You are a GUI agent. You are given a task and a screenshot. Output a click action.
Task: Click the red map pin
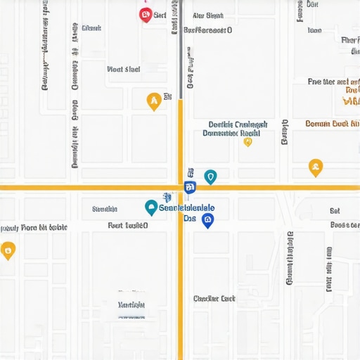click(146, 14)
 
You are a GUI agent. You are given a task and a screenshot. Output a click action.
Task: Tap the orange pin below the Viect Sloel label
click(153, 101)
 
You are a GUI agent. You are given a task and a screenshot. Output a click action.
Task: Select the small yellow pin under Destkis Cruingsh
click(247, 141)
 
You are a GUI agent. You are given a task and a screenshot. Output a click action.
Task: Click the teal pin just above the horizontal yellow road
click(210, 176)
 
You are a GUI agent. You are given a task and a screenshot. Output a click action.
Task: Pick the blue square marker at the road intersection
click(189, 187)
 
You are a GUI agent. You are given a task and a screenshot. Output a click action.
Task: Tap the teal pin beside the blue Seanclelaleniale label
click(150, 207)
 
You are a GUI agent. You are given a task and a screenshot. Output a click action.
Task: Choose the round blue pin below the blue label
click(207, 220)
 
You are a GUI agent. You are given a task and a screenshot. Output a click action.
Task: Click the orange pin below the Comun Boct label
click(316, 167)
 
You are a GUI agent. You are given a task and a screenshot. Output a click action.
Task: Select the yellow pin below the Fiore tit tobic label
click(8, 250)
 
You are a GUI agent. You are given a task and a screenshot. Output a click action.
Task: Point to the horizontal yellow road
click(84, 188)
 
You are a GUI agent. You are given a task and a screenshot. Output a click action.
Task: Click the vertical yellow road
click(181, 281)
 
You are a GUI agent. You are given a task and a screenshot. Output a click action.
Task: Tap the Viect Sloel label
click(123, 70)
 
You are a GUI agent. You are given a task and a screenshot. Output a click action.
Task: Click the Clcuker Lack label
click(214, 299)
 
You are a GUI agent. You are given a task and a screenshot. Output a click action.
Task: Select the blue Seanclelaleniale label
click(187, 208)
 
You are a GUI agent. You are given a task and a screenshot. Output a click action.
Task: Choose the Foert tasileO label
click(127, 226)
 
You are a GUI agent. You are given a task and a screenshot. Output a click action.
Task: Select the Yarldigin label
click(131, 305)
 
